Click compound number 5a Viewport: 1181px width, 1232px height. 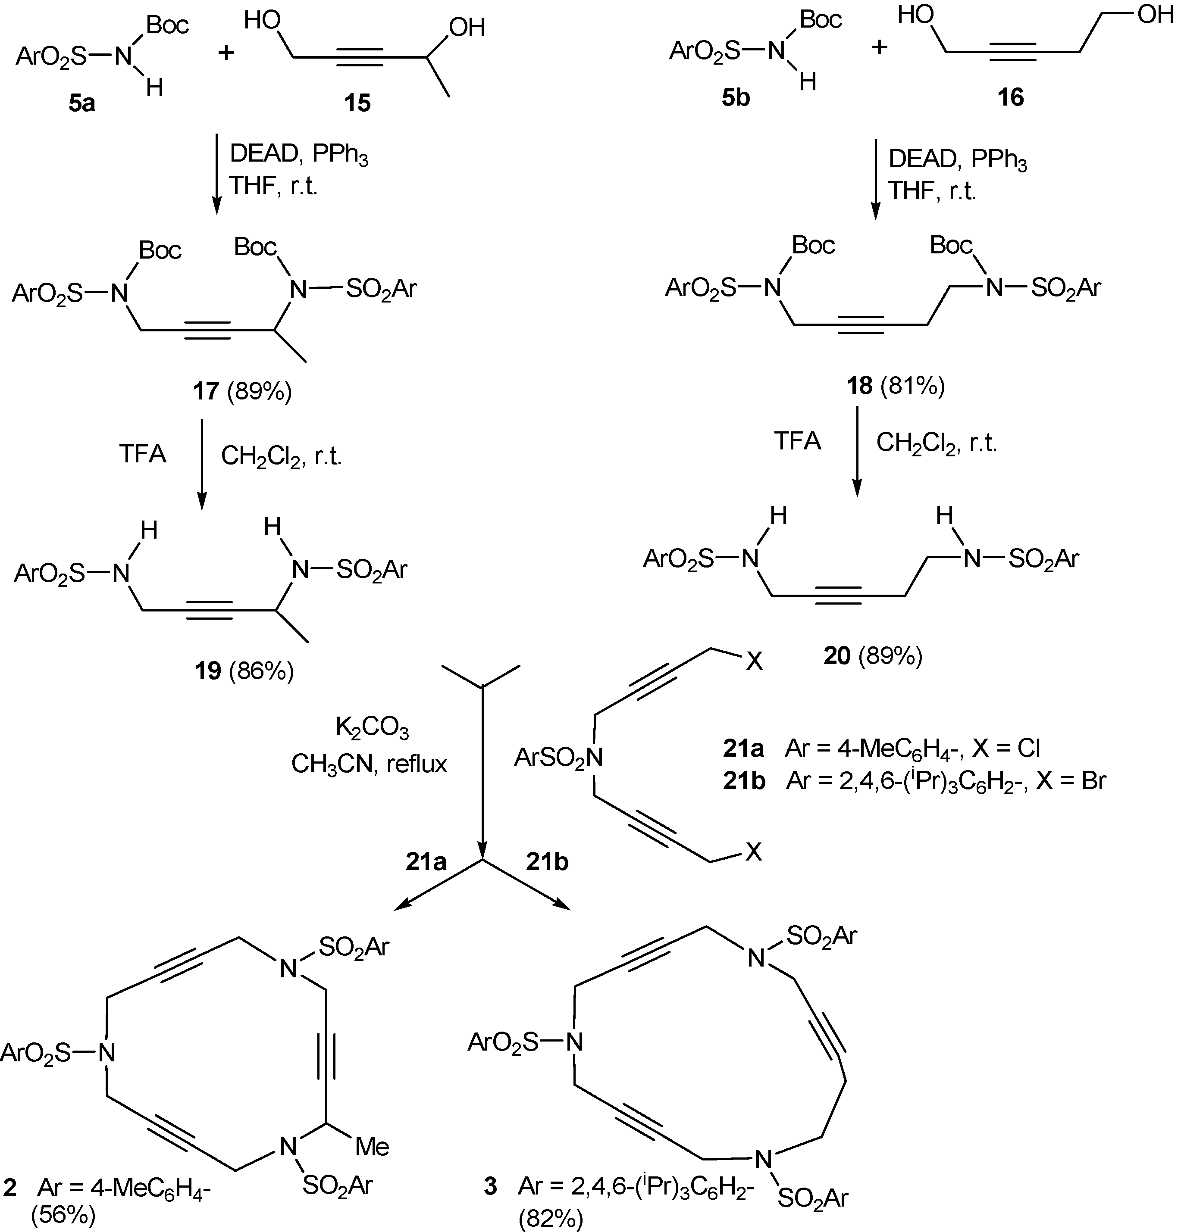pyautogui.click(x=82, y=102)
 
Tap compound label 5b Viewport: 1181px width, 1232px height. pyautogui.click(x=735, y=97)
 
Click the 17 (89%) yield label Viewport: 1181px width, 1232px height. pyautogui.click(x=242, y=392)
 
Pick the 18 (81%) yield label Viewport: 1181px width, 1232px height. pyautogui.click(x=896, y=385)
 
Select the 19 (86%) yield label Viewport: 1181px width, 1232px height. pyautogui.click(x=244, y=671)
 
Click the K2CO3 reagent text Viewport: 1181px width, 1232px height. pyautogui.click(x=372, y=729)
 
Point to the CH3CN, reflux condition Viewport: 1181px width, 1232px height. pyautogui.click(x=369, y=764)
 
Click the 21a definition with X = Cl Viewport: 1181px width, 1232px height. pyautogui.click(x=881, y=748)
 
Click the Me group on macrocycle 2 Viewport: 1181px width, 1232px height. pyautogui.click(x=372, y=1147)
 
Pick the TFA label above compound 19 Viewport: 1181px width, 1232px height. pyautogui.click(x=143, y=454)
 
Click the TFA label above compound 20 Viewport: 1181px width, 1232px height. pyautogui.click(x=797, y=441)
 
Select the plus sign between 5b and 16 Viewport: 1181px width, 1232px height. pyautogui.click(x=879, y=47)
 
